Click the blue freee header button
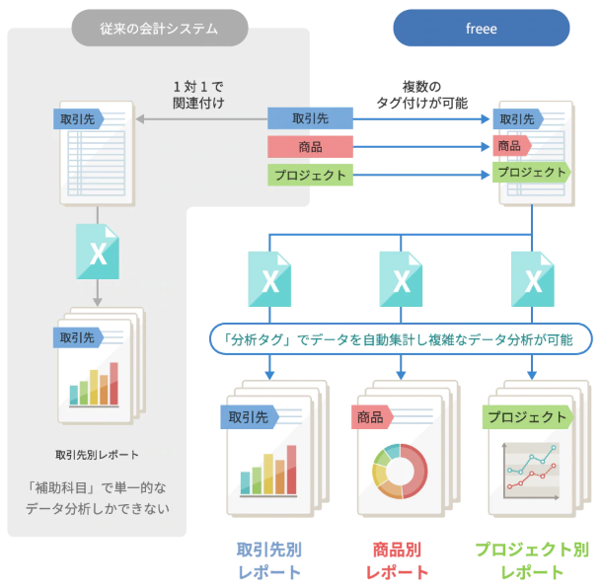481,29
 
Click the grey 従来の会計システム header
159,29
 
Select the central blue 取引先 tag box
310,118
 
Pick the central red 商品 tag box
310,147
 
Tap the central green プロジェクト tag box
310,176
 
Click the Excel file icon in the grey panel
98,251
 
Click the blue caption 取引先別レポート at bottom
268,559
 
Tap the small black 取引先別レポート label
98,455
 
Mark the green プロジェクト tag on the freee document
532,172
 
